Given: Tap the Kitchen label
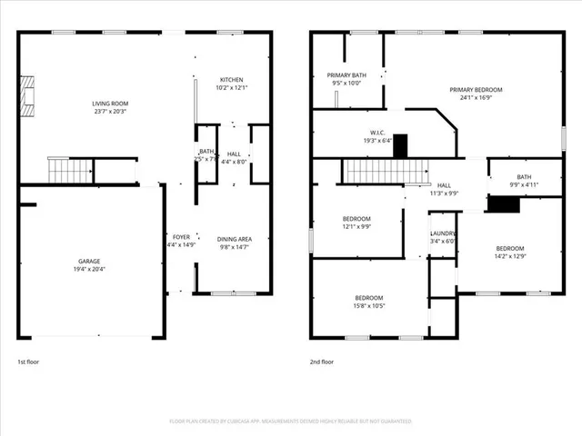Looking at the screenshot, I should click(x=231, y=84).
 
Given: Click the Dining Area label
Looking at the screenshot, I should click(x=234, y=243).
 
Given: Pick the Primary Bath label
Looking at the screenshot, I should click(x=347, y=78).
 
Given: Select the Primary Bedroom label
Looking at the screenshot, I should click(x=476, y=94).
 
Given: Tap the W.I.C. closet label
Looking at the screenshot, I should click(x=379, y=136).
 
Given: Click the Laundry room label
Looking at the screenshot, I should click(x=443, y=238).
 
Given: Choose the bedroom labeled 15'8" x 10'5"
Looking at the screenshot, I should click(x=368, y=302).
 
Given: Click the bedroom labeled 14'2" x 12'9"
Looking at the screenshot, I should click(x=509, y=253).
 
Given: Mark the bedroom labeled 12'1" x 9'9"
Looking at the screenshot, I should click(x=356, y=223).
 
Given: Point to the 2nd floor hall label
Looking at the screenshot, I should click(x=444, y=189).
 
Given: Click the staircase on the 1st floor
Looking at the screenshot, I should click(x=71, y=169).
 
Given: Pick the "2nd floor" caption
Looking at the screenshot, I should click(x=322, y=362).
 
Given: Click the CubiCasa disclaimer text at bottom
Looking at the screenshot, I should click(x=291, y=421).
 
